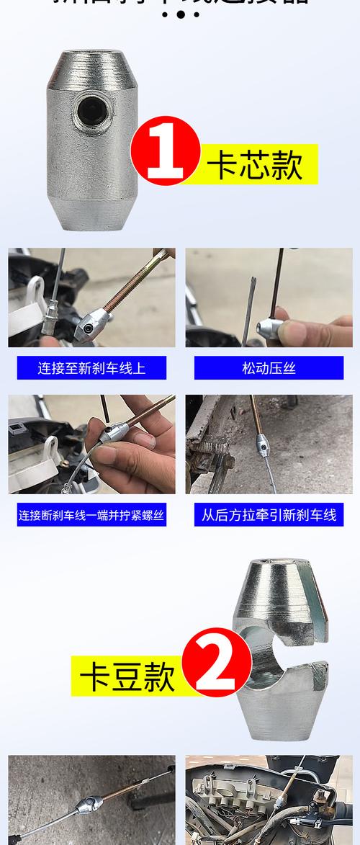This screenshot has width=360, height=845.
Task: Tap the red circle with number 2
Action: [217, 661]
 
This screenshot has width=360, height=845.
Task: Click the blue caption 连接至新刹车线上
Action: [91, 368]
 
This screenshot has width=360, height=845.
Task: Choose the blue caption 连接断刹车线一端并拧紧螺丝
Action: [91, 515]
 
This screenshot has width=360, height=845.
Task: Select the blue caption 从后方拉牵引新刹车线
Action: [269, 515]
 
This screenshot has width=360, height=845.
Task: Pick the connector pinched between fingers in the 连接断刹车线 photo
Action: [112, 433]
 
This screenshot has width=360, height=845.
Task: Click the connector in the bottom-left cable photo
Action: [86, 803]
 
